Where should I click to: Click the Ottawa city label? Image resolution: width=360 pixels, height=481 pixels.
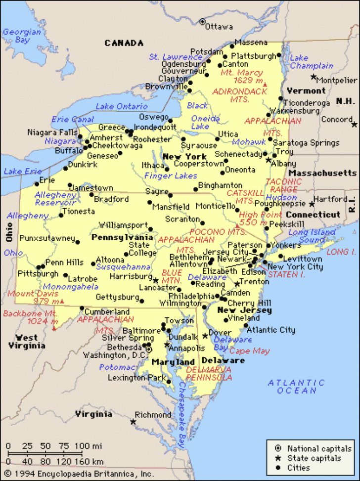click(x=219, y=26)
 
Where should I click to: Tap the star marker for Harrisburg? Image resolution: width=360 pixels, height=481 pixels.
click(x=156, y=280)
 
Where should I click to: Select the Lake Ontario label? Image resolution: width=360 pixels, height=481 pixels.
click(x=122, y=106)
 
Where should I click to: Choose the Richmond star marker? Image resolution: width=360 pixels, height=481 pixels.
click(x=133, y=422)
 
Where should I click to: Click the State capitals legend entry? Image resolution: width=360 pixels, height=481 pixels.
click(x=314, y=458)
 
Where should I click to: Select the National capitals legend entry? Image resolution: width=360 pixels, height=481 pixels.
click(x=319, y=449)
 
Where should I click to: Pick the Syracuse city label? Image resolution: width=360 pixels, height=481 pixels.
click(x=199, y=146)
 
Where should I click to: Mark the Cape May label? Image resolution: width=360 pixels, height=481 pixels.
click(x=250, y=351)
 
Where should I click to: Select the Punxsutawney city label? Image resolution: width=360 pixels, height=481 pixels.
click(x=47, y=238)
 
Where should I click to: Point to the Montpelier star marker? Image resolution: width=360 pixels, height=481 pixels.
click(x=314, y=77)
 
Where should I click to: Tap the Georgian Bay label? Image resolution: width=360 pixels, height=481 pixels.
click(x=22, y=36)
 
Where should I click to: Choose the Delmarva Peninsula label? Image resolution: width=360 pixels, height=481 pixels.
click(x=209, y=373)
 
